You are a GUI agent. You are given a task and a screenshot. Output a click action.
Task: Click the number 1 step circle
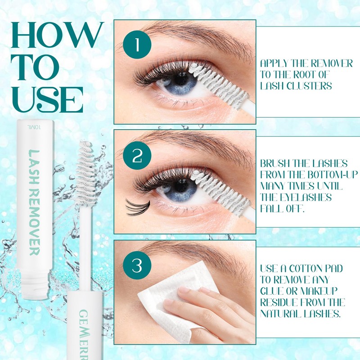coord(137,45)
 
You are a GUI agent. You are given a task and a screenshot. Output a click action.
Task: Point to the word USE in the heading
coord(50,98)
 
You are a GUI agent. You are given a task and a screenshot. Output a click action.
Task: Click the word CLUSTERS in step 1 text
coord(313,86)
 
